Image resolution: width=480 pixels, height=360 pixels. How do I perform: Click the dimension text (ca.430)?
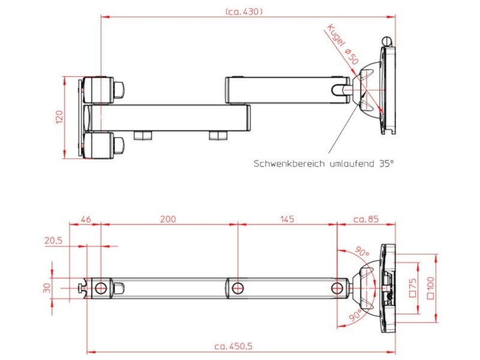coord(244,11)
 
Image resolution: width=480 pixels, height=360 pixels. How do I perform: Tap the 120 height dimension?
coord(59,117)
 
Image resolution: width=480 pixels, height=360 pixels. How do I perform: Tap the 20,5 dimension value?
coord(54,241)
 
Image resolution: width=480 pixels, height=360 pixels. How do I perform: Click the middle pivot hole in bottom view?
coord(238,287)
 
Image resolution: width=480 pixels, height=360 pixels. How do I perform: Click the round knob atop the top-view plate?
coord(387,41)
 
